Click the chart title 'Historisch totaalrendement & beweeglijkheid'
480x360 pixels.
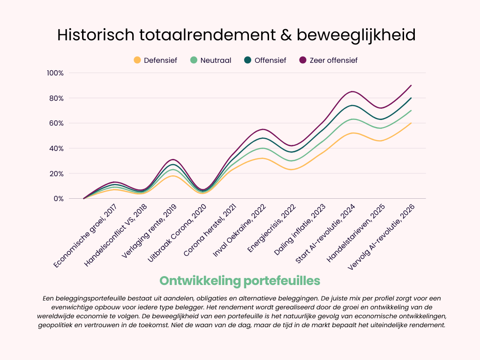pos(236,35)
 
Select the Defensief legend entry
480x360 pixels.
pos(155,60)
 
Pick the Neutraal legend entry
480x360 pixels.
pos(210,60)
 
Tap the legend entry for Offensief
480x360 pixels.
pos(265,60)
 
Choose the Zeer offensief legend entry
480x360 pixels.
pos(328,60)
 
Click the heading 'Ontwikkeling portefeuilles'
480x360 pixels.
pos(240,281)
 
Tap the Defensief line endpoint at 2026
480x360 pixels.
pos(411,123)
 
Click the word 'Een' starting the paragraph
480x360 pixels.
pos(48,299)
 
